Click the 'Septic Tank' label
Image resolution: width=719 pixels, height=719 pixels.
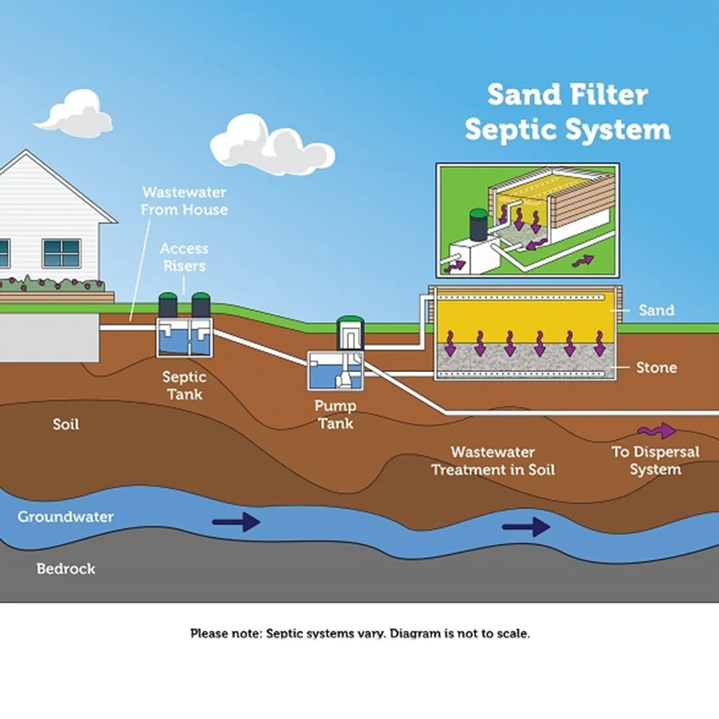pyautogui.click(x=184, y=385)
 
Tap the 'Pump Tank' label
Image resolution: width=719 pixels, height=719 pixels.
pyautogui.click(x=336, y=414)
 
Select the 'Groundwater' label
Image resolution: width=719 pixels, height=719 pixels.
pyautogui.click(x=65, y=517)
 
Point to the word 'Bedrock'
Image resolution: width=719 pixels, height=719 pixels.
pyautogui.click(x=66, y=569)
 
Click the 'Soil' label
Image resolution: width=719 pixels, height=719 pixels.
pyautogui.click(x=66, y=424)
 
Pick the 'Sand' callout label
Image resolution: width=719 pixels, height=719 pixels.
pyautogui.click(x=656, y=310)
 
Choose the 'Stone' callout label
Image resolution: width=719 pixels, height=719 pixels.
pyautogui.click(x=656, y=367)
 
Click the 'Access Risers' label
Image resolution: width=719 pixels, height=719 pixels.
pyautogui.click(x=184, y=257)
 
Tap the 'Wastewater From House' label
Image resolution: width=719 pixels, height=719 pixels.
pyautogui.click(x=184, y=201)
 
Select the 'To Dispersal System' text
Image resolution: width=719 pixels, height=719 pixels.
pyautogui.click(x=656, y=461)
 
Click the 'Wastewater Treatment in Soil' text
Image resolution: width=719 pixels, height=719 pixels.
pyautogui.click(x=493, y=461)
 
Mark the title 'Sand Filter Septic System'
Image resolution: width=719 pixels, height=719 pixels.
pyautogui.click(x=567, y=112)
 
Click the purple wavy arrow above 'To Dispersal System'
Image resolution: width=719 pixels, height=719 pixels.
pyautogui.click(x=656, y=431)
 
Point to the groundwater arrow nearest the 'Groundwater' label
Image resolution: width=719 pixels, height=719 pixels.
pyautogui.click(x=236, y=522)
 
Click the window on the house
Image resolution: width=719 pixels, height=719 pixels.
pyautogui.click(x=61, y=253)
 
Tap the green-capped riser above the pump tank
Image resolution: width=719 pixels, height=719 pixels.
pyautogui.click(x=350, y=331)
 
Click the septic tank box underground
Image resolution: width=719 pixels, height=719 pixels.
pyautogui.click(x=184, y=338)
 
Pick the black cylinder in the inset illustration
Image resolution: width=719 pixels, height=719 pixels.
pyautogui.click(x=478, y=225)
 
